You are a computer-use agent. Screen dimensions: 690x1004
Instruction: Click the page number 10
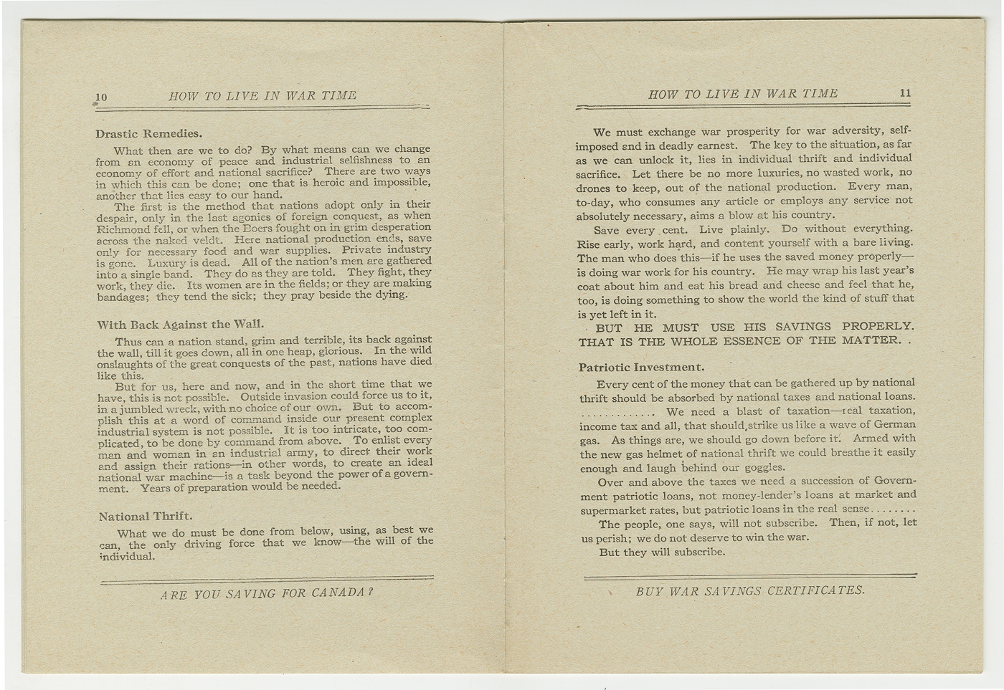[101, 97]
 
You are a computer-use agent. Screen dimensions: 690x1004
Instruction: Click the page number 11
[905, 93]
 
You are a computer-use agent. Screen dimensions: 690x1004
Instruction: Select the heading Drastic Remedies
[148, 133]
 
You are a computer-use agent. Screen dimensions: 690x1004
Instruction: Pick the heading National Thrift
[145, 516]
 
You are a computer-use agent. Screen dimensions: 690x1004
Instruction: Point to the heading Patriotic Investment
[641, 368]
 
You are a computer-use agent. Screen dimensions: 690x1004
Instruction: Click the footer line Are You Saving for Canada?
[267, 593]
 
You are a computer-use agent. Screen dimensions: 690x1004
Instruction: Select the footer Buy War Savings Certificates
[750, 590]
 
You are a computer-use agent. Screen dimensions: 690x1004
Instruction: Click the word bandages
[121, 297]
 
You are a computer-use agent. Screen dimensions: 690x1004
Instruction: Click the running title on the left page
[262, 96]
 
